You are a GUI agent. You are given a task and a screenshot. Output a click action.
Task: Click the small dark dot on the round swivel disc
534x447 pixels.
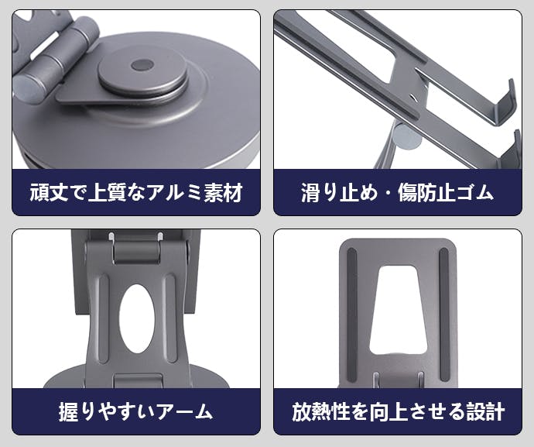point(142,65)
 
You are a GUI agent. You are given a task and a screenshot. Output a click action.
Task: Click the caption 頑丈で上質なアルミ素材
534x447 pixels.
point(136,193)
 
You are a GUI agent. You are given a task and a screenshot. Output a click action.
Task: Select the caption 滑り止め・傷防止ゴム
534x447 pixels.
point(398,193)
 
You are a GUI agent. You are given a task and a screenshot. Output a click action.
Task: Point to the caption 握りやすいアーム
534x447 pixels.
point(136,411)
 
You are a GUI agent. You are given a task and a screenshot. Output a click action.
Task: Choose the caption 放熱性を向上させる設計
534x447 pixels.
point(398,411)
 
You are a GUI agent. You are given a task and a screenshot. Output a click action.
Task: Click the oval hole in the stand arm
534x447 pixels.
point(136,318)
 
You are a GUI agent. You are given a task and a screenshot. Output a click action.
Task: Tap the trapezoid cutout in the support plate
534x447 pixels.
point(399,310)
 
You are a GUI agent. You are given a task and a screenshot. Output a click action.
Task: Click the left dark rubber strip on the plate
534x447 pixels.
point(352,315)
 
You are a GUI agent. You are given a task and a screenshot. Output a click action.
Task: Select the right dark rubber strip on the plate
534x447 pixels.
point(444,315)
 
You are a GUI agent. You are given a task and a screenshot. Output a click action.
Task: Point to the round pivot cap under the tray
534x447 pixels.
point(408,136)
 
